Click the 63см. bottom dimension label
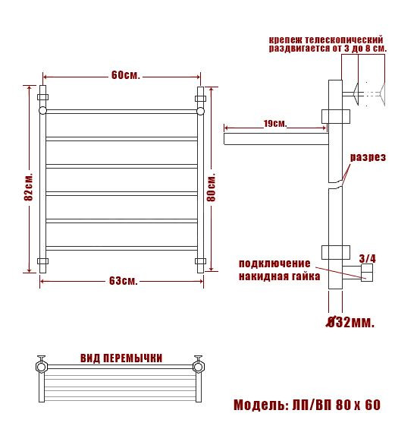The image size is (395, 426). pyautogui.click(x=123, y=281)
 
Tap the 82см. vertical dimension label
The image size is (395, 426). pyautogui.click(x=28, y=185)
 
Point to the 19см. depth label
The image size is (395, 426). pyautogui.click(x=275, y=124)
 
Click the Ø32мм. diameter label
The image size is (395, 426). pyautogui.click(x=350, y=323)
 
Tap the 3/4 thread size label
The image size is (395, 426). pyautogui.click(x=368, y=257)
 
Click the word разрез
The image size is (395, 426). pyautogui.click(x=368, y=158)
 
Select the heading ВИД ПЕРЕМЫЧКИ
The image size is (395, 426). pyautogui.click(x=121, y=358)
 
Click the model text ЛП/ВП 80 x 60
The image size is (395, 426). pyautogui.click(x=336, y=404)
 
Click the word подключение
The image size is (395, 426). pyautogui.click(x=274, y=263)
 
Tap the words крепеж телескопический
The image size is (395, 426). pyautogui.click(x=324, y=39)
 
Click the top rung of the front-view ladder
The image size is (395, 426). pyautogui.click(x=121, y=112)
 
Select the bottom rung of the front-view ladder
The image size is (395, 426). pyautogui.click(x=121, y=248)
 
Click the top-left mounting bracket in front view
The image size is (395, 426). pyautogui.click(x=42, y=98)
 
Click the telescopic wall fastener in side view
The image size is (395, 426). pyautogui.click(x=364, y=93)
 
